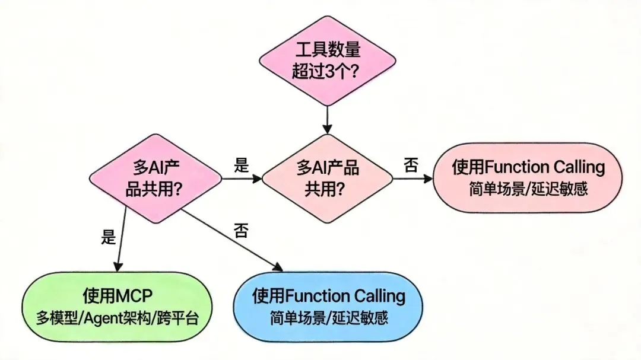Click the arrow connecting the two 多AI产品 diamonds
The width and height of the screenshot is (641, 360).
pyautogui.click(x=241, y=177)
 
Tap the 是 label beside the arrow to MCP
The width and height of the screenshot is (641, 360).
pyautogui.click(x=108, y=238)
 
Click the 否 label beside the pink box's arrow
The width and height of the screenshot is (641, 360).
pyautogui.click(x=410, y=164)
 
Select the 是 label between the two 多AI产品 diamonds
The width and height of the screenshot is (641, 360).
pyautogui.click(x=241, y=165)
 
